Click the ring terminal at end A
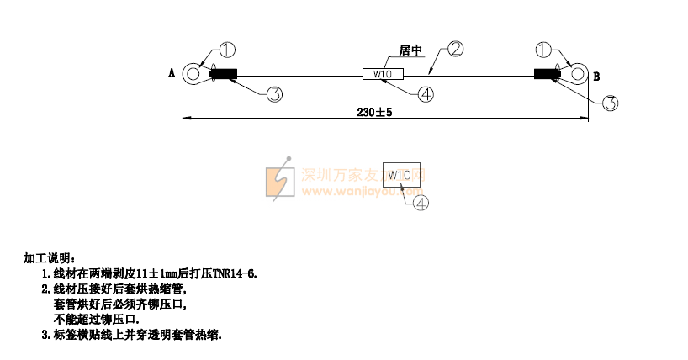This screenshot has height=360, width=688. coord(193,74)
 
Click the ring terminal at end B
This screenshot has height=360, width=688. coord(578,74)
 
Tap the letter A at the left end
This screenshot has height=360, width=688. coord(172,74)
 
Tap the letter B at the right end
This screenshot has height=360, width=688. coord(596,77)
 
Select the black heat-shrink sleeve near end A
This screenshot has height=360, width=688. coord(224,74)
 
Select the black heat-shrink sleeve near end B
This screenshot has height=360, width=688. coord(548,74)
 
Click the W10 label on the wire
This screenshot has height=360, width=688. coord(382,75)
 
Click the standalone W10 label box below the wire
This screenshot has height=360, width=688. coord(399,175)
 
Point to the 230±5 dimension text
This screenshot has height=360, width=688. coord(375,112)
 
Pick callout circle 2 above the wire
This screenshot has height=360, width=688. coord(456,49)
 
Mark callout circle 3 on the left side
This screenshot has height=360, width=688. coord(274,93)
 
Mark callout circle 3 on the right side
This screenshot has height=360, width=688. coord(611,103)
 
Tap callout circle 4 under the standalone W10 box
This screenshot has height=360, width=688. coord(418,202)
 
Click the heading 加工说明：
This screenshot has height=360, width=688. coord(50,257)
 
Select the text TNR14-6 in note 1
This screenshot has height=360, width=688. coord(235,273)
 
